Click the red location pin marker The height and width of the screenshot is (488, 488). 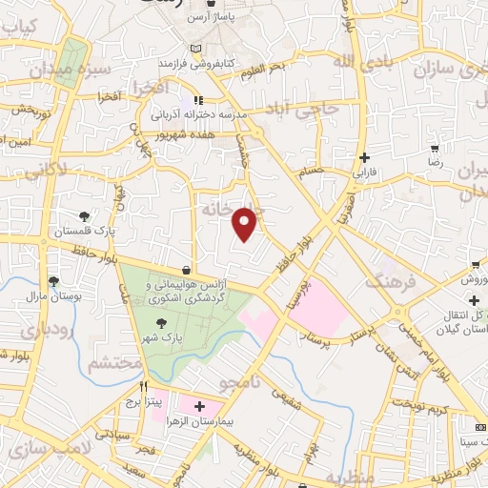(x=246, y=225)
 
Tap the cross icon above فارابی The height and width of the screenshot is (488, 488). (x=364, y=157)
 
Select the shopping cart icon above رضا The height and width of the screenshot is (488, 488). (x=436, y=149)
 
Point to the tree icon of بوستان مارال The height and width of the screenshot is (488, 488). (x=53, y=281)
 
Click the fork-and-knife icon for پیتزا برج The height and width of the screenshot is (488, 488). (x=144, y=386)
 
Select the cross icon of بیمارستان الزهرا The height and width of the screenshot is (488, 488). (x=199, y=406)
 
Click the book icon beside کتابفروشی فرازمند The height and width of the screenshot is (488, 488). (x=195, y=49)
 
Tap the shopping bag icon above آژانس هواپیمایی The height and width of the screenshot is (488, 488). (x=185, y=270)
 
